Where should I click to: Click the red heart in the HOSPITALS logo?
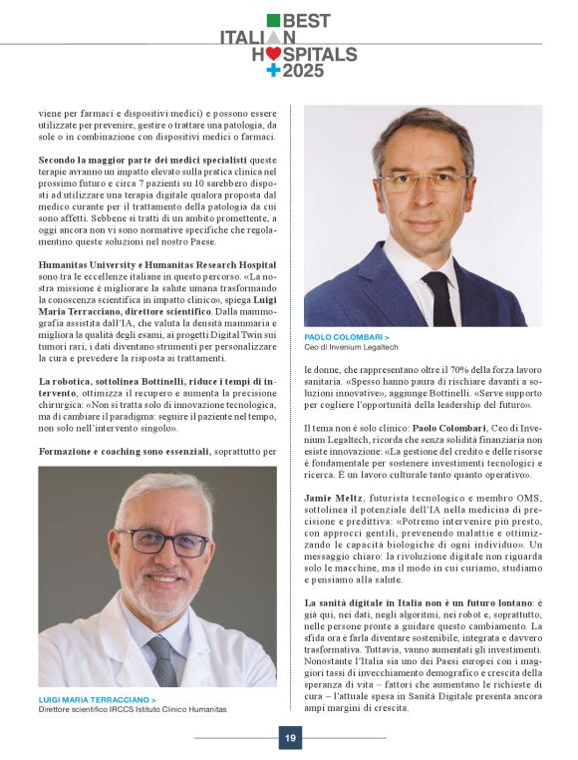[x=272, y=54]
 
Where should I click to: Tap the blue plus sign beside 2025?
[x=273, y=71]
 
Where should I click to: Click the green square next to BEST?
[x=273, y=20]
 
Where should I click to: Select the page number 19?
[x=289, y=738]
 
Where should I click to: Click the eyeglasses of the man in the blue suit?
[x=424, y=181]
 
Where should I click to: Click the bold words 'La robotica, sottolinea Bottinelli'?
[x=130, y=381]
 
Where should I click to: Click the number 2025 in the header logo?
[x=303, y=71]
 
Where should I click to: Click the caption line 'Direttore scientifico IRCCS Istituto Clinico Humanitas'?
[x=133, y=709]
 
